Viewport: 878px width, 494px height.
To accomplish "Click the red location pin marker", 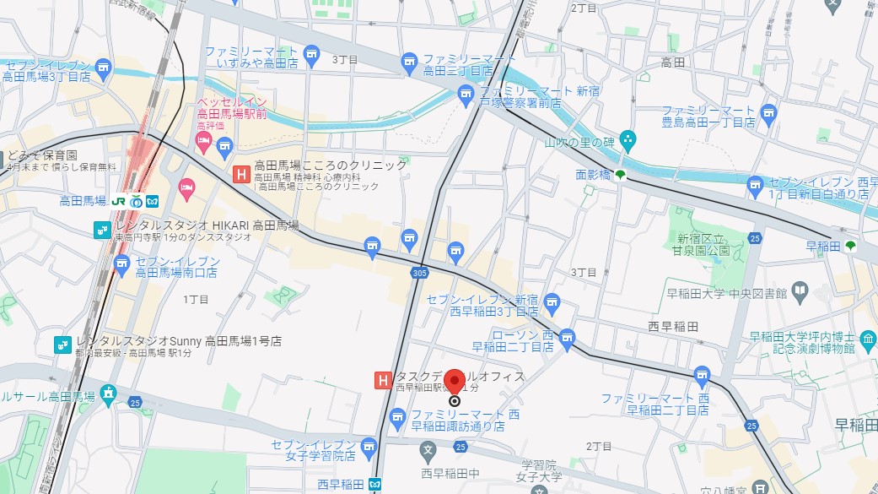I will [x=455, y=381].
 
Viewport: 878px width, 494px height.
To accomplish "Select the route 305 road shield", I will [x=420, y=273].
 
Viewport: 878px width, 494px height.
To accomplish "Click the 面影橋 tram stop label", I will [x=592, y=175].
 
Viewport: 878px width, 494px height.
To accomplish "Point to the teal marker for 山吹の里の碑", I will [x=627, y=138].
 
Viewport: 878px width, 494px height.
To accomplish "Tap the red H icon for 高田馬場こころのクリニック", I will [x=241, y=174].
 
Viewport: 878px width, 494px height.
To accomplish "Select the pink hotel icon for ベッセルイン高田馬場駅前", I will [x=202, y=138].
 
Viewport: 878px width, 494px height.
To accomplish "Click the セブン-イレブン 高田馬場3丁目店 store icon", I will [x=103, y=68].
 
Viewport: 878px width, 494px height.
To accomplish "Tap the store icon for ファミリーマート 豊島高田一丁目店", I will [x=768, y=112].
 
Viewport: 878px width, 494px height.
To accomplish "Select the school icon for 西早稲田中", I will [x=428, y=448].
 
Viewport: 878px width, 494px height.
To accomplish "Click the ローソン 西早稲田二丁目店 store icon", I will [x=567, y=336].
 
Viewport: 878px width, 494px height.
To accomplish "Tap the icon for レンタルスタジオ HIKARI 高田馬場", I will [x=102, y=229].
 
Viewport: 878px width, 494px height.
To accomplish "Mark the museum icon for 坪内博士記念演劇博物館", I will [x=868, y=344].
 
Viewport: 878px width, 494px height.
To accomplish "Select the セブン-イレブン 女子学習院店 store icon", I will [x=369, y=445].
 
